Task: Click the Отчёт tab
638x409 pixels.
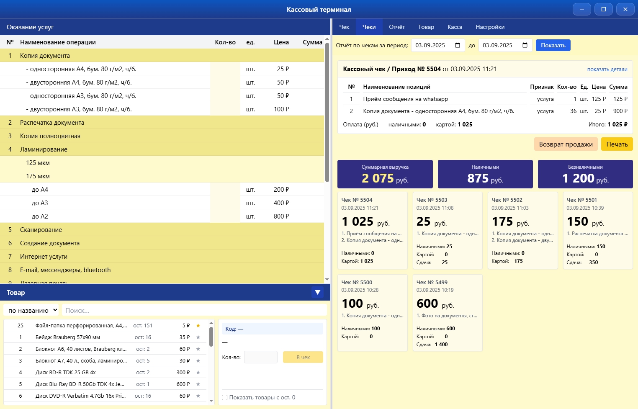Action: coord(396,27)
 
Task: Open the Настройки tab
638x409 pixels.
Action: coord(490,27)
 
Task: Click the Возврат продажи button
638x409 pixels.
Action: coord(566,144)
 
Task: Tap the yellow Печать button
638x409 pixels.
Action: coord(617,144)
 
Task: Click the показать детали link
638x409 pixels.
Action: coord(607,69)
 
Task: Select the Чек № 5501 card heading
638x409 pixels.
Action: coord(581,200)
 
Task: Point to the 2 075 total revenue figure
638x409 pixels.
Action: coord(378,178)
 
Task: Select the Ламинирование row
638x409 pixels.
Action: coord(44,149)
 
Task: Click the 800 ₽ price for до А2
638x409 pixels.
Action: coord(281,216)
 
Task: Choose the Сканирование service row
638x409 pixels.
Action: coord(41,230)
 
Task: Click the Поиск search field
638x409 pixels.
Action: coord(194,310)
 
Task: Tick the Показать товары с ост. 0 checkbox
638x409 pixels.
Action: coord(225,397)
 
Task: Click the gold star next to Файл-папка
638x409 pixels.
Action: coord(198,325)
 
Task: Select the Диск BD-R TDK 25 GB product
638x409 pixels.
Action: coord(66,372)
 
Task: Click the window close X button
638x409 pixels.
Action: coord(625,9)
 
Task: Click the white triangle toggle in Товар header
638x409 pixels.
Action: coord(317,293)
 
